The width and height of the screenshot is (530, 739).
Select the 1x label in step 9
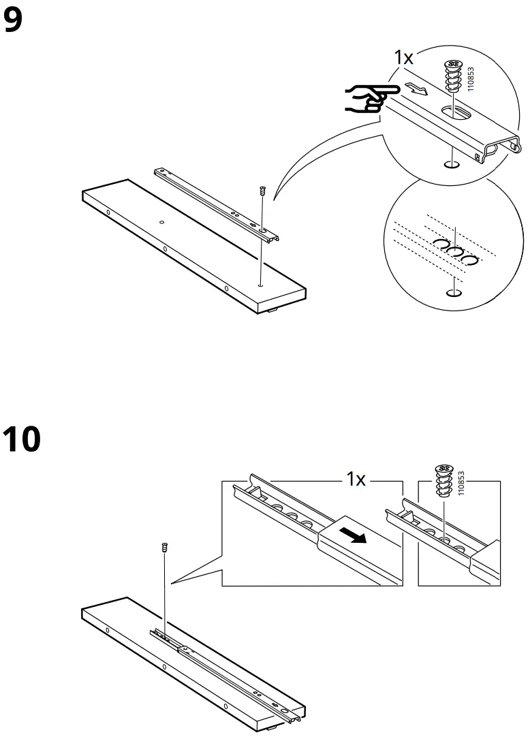(404, 57)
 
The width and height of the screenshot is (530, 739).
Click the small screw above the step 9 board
(262, 192)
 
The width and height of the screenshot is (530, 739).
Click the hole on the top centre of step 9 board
(161, 221)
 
